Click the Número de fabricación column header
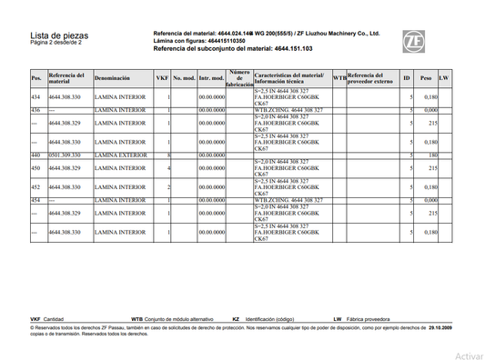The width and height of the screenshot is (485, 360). pos(239,79)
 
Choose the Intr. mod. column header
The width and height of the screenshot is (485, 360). pos(212,79)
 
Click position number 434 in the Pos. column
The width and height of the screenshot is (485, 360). pos(35,96)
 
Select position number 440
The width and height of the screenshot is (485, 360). pos(35,155)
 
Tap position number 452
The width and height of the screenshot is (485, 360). pos(35,187)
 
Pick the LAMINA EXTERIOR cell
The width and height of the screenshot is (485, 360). pos(120,155)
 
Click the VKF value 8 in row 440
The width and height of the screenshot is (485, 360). pos(169,155)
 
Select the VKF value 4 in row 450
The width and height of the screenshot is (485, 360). pos(169,168)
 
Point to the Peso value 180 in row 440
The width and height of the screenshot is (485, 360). pos(434,155)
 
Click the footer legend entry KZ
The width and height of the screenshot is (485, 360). pos(236,319)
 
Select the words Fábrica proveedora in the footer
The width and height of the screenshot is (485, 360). pos(369,319)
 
